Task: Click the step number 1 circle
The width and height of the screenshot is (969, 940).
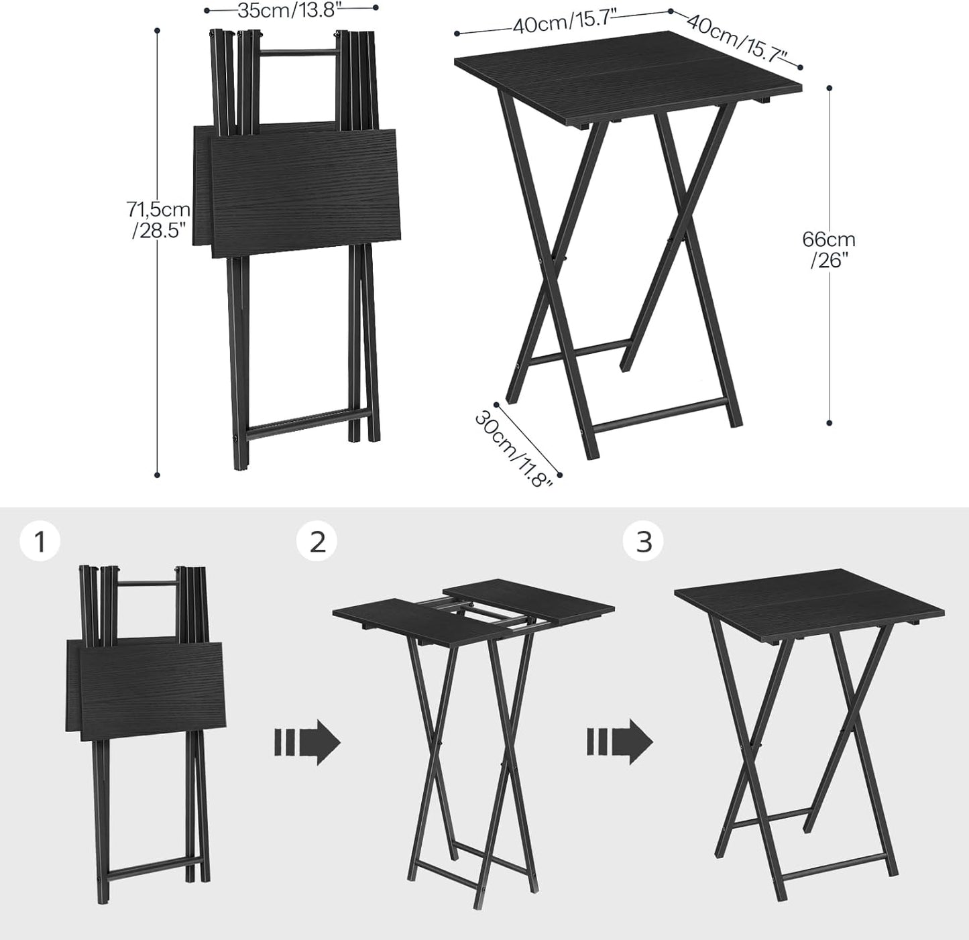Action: point(40,541)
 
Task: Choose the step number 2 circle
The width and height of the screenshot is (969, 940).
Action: point(318,541)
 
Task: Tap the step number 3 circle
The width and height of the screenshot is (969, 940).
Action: point(644,541)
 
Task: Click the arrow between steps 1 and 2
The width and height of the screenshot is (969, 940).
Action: point(307,742)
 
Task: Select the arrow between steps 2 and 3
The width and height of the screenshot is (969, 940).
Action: point(620,742)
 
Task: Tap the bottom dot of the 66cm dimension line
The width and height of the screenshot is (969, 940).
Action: point(830,423)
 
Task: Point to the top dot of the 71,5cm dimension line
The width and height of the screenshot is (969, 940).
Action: point(158,30)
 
